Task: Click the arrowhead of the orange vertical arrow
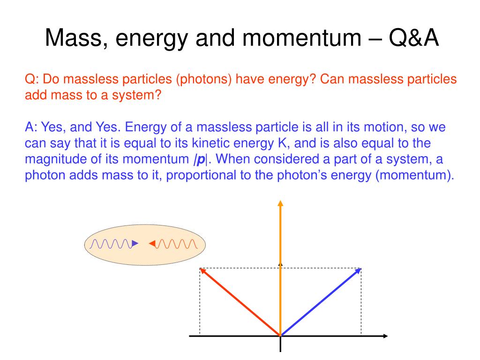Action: tap(280, 203)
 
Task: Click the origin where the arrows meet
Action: tap(280, 336)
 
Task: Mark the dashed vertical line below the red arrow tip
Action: tap(200, 305)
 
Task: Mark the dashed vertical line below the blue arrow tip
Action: tap(361, 305)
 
